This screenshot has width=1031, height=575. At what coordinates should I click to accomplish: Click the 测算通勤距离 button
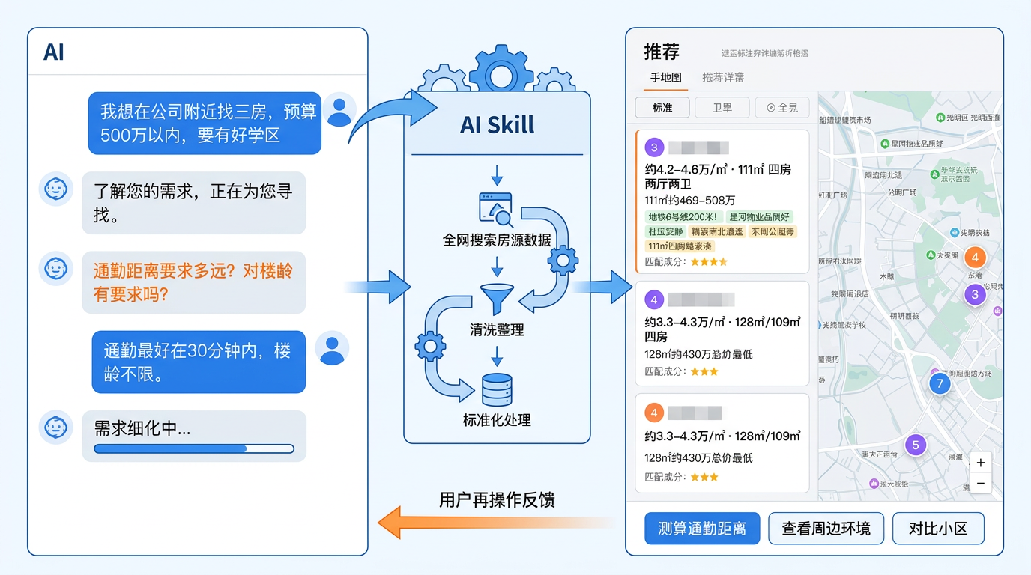click(x=702, y=529)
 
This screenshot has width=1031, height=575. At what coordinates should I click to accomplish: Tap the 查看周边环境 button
click(x=826, y=529)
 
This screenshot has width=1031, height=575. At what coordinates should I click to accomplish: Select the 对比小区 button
click(x=937, y=529)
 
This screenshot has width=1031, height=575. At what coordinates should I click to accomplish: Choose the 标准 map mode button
click(x=662, y=108)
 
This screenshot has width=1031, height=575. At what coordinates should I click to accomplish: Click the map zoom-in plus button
click(x=980, y=463)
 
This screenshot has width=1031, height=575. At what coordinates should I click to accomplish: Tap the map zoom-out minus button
click(x=980, y=484)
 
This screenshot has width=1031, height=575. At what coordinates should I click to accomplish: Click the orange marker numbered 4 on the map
click(x=974, y=258)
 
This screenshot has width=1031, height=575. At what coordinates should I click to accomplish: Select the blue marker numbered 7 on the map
click(x=939, y=384)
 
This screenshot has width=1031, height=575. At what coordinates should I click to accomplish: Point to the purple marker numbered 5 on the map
click(x=915, y=445)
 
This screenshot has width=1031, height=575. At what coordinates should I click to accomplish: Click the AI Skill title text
click(x=497, y=124)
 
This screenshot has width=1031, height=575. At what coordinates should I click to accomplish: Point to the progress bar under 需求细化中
click(x=193, y=449)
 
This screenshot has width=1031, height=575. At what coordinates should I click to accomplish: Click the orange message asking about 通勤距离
click(x=193, y=282)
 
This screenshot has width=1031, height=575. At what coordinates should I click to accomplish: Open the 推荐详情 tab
click(x=722, y=77)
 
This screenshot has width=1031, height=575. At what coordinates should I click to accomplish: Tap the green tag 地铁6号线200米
click(x=683, y=217)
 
